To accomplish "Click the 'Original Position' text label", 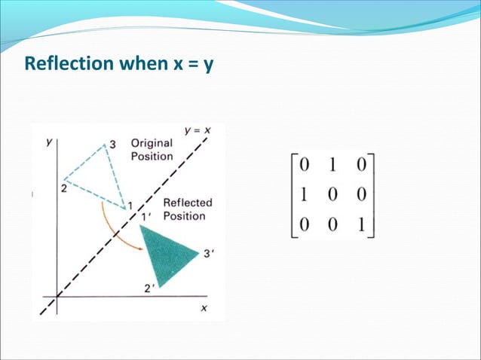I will [152, 149].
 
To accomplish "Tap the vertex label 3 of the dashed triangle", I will [112, 142].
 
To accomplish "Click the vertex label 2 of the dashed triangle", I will [63, 189].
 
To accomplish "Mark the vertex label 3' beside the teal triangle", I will [211, 254].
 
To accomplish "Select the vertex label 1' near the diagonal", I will [148, 217].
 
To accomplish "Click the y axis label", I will [48, 141].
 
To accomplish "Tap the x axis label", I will [204, 307].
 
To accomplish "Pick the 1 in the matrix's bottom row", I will [360, 224].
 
